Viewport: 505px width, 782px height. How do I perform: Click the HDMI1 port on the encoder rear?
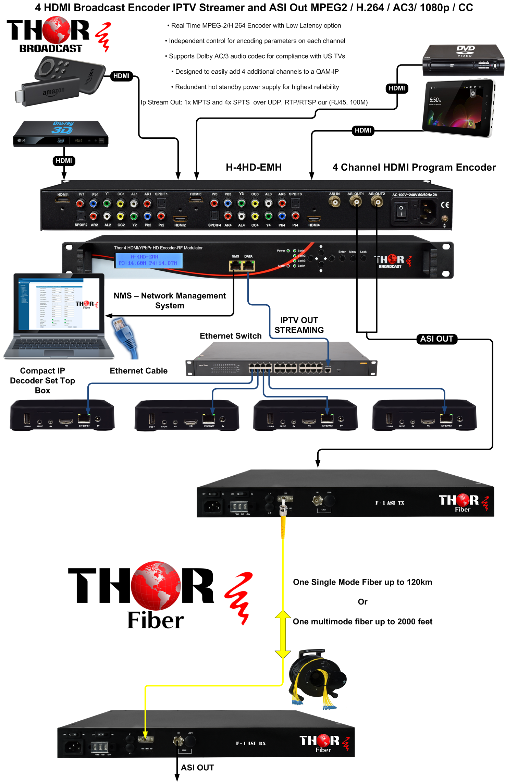click(x=63, y=199)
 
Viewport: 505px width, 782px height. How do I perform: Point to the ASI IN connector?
click(x=334, y=202)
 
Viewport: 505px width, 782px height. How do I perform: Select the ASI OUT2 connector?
click(x=377, y=202)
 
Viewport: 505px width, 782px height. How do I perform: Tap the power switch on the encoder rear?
click(x=401, y=210)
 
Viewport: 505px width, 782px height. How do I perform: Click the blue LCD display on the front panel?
click(x=148, y=260)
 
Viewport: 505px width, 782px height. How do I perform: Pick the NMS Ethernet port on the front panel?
click(x=235, y=265)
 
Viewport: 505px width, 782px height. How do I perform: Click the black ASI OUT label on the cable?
click(x=437, y=339)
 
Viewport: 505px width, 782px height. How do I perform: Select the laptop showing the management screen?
click(x=58, y=315)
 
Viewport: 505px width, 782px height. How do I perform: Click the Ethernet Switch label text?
click(x=231, y=336)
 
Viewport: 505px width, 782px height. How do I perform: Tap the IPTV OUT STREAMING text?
click(x=299, y=325)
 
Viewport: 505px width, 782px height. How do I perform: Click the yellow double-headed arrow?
click(x=283, y=634)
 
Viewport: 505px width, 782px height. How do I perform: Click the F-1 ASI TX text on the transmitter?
click(x=390, y=503)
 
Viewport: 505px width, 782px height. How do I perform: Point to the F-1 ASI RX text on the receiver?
click(x=251, y=743)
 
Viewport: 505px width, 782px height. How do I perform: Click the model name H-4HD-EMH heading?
click(x=254, y=167)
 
